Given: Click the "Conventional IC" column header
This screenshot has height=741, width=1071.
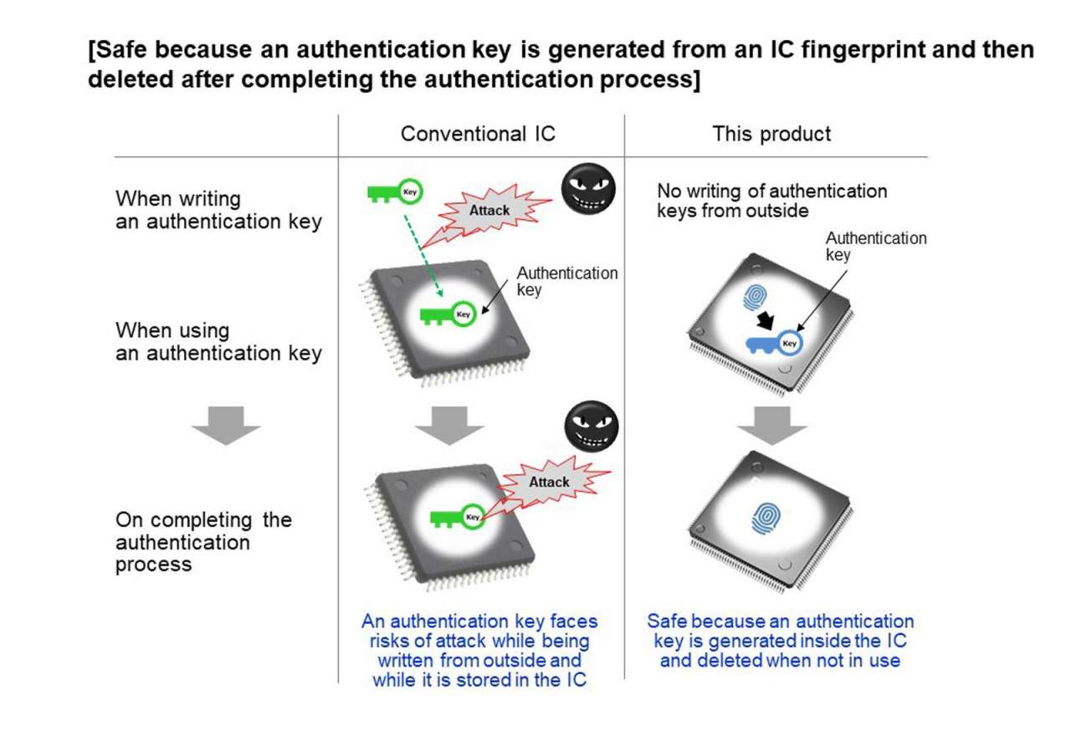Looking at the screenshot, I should pos(478,134).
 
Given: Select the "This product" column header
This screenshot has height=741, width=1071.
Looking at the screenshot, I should pos(771,134).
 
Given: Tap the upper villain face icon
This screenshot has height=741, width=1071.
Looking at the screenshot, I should pos(587,187).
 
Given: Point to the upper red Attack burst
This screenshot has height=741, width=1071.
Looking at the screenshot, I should pos(489,210).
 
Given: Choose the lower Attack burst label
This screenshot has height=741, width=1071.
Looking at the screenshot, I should pos(549,483).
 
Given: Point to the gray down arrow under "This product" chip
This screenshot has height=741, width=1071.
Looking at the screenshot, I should pos(771,424).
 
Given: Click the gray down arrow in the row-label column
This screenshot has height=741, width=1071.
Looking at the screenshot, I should pos(226,424).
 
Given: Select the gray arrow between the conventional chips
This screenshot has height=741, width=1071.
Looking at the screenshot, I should pos(450,424).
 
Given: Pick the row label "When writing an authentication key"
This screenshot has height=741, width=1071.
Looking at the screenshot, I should pos(218,210).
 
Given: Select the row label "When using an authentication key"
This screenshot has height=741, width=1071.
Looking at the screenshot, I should pos(218,341).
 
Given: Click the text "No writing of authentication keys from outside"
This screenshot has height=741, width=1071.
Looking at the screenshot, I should pos(771,201).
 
